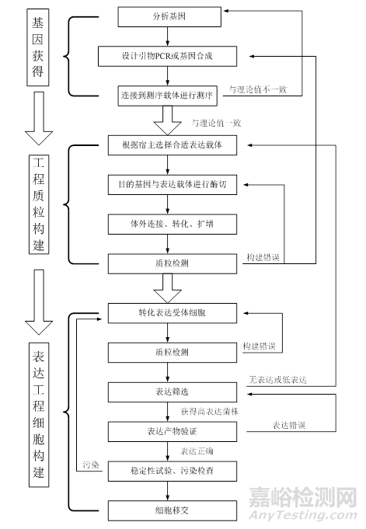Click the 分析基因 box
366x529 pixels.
(x=165, y=16)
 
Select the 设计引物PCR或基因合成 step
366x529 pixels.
(x=165, y=56)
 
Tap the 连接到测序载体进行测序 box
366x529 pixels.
(x=165, y=92)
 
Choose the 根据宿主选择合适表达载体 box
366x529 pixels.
(x=176, y=145)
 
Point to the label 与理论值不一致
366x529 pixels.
(x=258, y=90)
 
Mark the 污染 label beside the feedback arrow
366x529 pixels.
(x=91, y=465)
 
